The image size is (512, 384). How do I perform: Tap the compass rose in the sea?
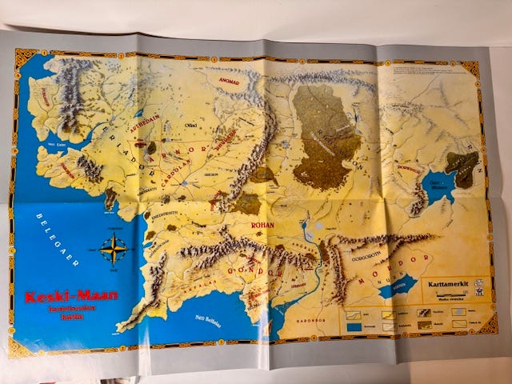(114, 250)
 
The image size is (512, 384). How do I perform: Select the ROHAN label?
(262, 226)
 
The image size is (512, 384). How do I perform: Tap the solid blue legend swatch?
(354, 326)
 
